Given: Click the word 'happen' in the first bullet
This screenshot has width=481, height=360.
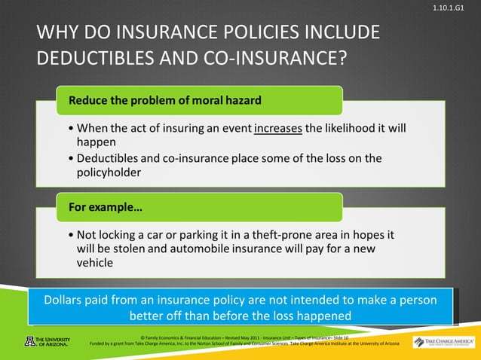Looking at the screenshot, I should pyautogui.click(x=95, y=142).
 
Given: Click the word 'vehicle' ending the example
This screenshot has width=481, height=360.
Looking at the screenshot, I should pyautogui.click(x=96, y=263).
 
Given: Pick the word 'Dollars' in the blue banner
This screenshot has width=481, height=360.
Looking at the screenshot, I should pyautogui.click(x=68, y=299).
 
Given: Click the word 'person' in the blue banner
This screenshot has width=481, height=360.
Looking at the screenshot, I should pyautogui.click(x=416, y=299).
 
